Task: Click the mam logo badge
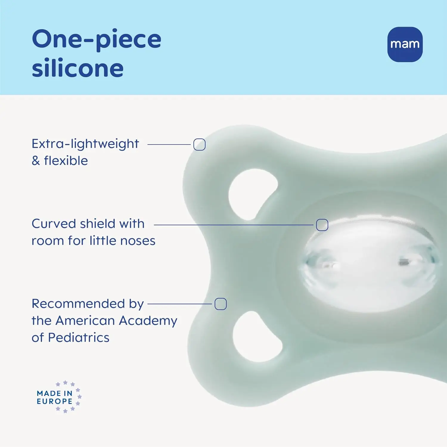405,44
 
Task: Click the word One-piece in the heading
97,39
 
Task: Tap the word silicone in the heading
78,68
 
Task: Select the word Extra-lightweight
85,144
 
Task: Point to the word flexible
66,161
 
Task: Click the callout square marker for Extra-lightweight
199,145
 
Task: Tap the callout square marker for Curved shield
322,225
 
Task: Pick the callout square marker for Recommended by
221,304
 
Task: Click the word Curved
54,223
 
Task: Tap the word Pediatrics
79,338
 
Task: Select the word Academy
148,321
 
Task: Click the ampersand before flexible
36,161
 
